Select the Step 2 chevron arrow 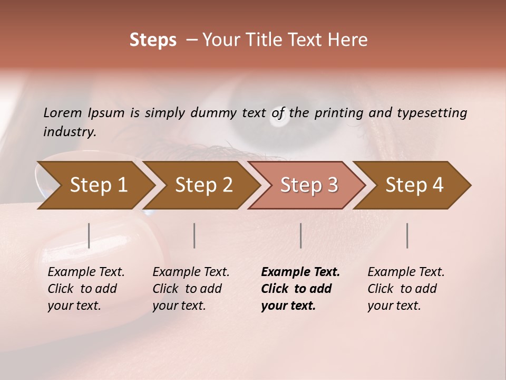click(x=203, y=185)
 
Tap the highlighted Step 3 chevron click(x=308, y=185)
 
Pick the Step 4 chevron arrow click(x=414, y=185)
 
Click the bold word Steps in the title click(x=153, y=40)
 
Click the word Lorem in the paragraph click(x=62, y=112)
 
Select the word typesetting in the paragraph click(x=432, y=112)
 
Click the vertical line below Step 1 click(x=89, y=235)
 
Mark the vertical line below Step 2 click(x=194, y=235)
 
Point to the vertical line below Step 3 click(x=301, y=235)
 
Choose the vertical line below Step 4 click(x=407, y=235)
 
